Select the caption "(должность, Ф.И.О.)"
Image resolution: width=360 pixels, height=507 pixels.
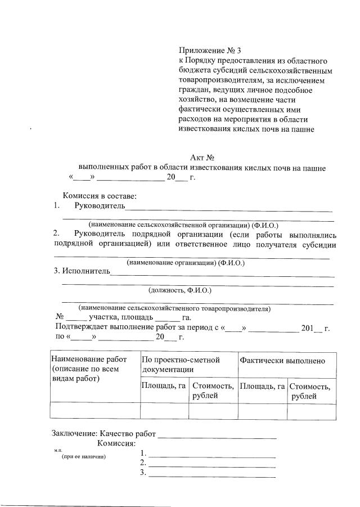tap(180, 291)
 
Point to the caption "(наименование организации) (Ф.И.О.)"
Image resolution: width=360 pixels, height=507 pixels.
tap(186, 263)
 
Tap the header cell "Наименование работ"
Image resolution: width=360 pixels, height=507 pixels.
tap(88, 360)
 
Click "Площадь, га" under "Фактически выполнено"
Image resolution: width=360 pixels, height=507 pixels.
tap(262, 386)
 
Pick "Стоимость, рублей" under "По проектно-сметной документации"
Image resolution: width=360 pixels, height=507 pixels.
tap(213, 391)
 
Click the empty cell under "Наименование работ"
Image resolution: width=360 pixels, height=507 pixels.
tap(94, 411)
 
